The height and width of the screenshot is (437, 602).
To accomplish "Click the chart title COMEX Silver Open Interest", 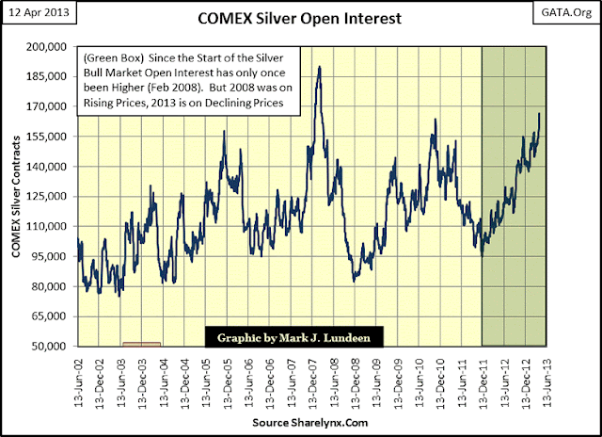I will click(300, 17).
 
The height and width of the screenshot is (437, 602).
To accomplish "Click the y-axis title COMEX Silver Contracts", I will click(15, 196).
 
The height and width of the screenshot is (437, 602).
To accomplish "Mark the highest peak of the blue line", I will click(320, 67).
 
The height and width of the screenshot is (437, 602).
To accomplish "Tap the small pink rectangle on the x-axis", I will click(141, 344).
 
